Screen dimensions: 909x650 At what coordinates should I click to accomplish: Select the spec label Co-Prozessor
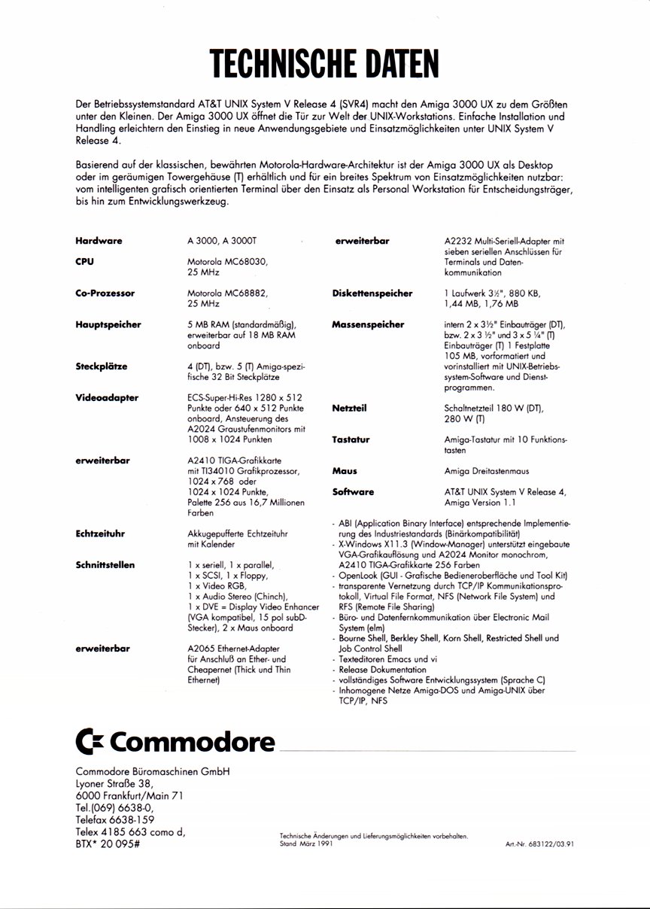pos(105,293)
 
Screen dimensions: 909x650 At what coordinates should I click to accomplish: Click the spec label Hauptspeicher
pos(108,325)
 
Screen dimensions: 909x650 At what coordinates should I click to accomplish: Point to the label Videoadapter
pos(106,398)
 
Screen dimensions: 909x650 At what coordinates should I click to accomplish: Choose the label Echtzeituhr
pos(100,534)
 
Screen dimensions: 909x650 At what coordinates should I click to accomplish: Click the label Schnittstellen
pos(108,564)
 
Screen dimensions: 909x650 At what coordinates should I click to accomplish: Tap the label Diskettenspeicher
pos(372,293)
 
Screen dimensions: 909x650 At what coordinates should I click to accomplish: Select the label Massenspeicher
pos(368,325)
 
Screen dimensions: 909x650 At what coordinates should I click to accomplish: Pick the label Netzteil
pos(349,408)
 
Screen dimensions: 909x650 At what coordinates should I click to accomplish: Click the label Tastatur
pos(351,439)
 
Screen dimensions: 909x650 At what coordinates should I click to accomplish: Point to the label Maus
pos(345,471)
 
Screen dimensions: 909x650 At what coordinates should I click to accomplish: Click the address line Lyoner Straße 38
pos(114,783)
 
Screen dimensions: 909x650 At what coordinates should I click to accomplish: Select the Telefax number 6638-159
pos(114,819)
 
